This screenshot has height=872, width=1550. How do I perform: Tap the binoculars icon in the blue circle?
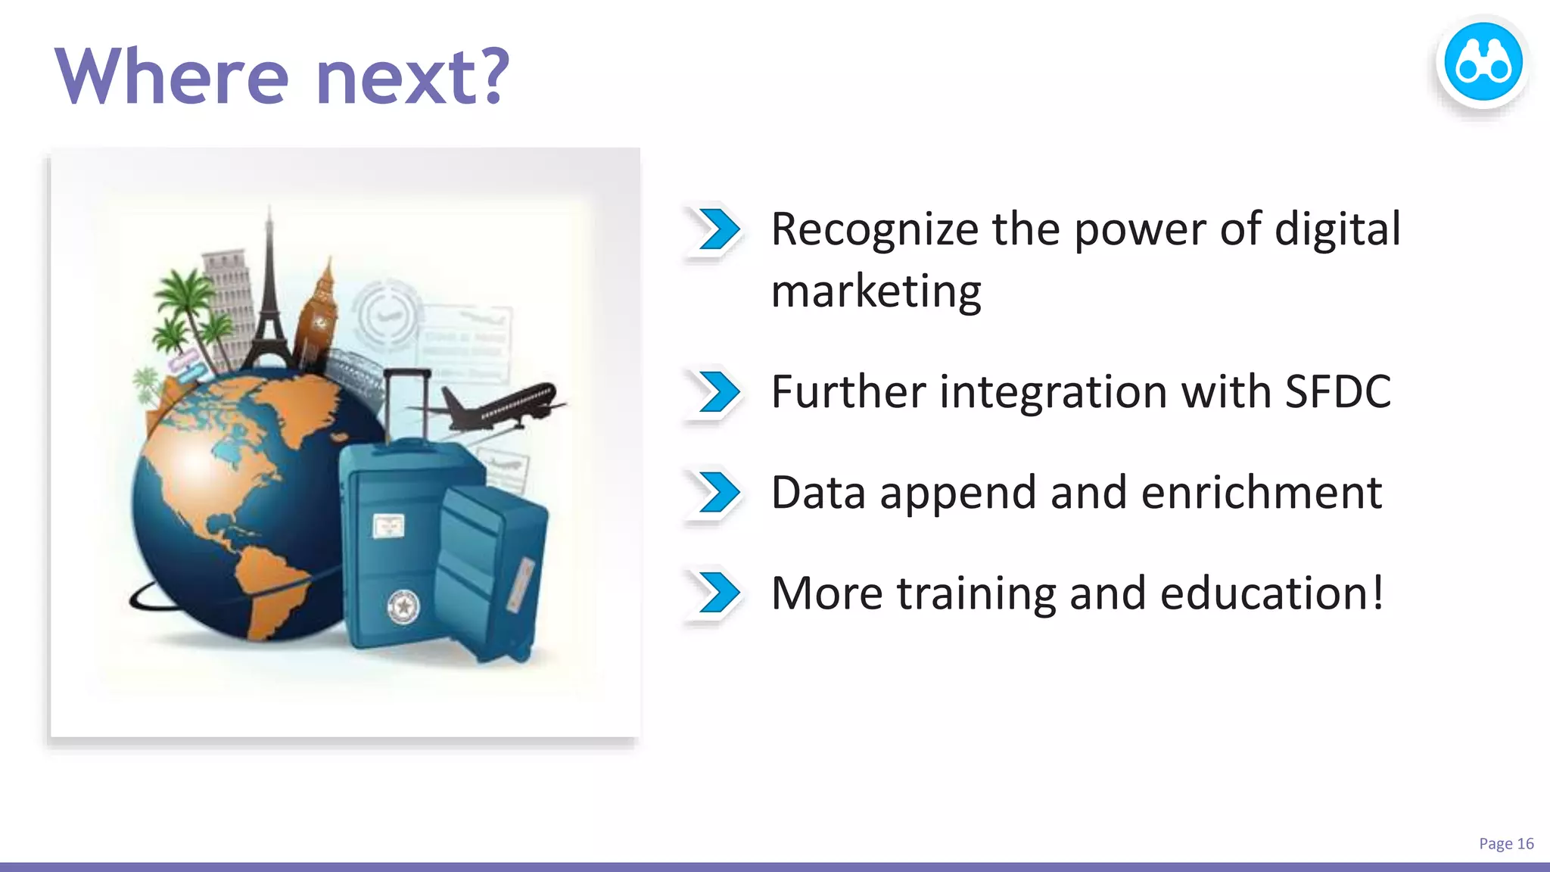click(x=1483, y=63)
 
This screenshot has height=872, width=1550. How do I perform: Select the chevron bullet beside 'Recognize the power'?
click(x=718, y=229)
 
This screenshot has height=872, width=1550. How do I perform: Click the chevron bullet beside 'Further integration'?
click(x=718, y=392)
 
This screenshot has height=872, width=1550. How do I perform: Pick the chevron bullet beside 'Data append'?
click(x=718, y=492)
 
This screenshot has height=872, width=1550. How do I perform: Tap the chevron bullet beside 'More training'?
click(x=718, y=592)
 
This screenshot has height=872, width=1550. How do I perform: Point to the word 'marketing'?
click(x=876, y=291)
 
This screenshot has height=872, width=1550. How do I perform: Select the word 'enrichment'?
click(x=1261, y=493)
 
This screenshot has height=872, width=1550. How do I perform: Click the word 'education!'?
click(x=1271, y=593)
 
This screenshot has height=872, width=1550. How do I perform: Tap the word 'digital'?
click(x=1337, y=229)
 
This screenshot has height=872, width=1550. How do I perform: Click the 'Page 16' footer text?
click(x=1505, y=843)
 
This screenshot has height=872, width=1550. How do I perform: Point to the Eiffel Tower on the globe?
click(x=269, y=303)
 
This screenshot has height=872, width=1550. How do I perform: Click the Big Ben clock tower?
click(x=318, y=318)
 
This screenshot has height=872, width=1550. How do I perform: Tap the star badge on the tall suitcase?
click(x=403, y=606)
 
